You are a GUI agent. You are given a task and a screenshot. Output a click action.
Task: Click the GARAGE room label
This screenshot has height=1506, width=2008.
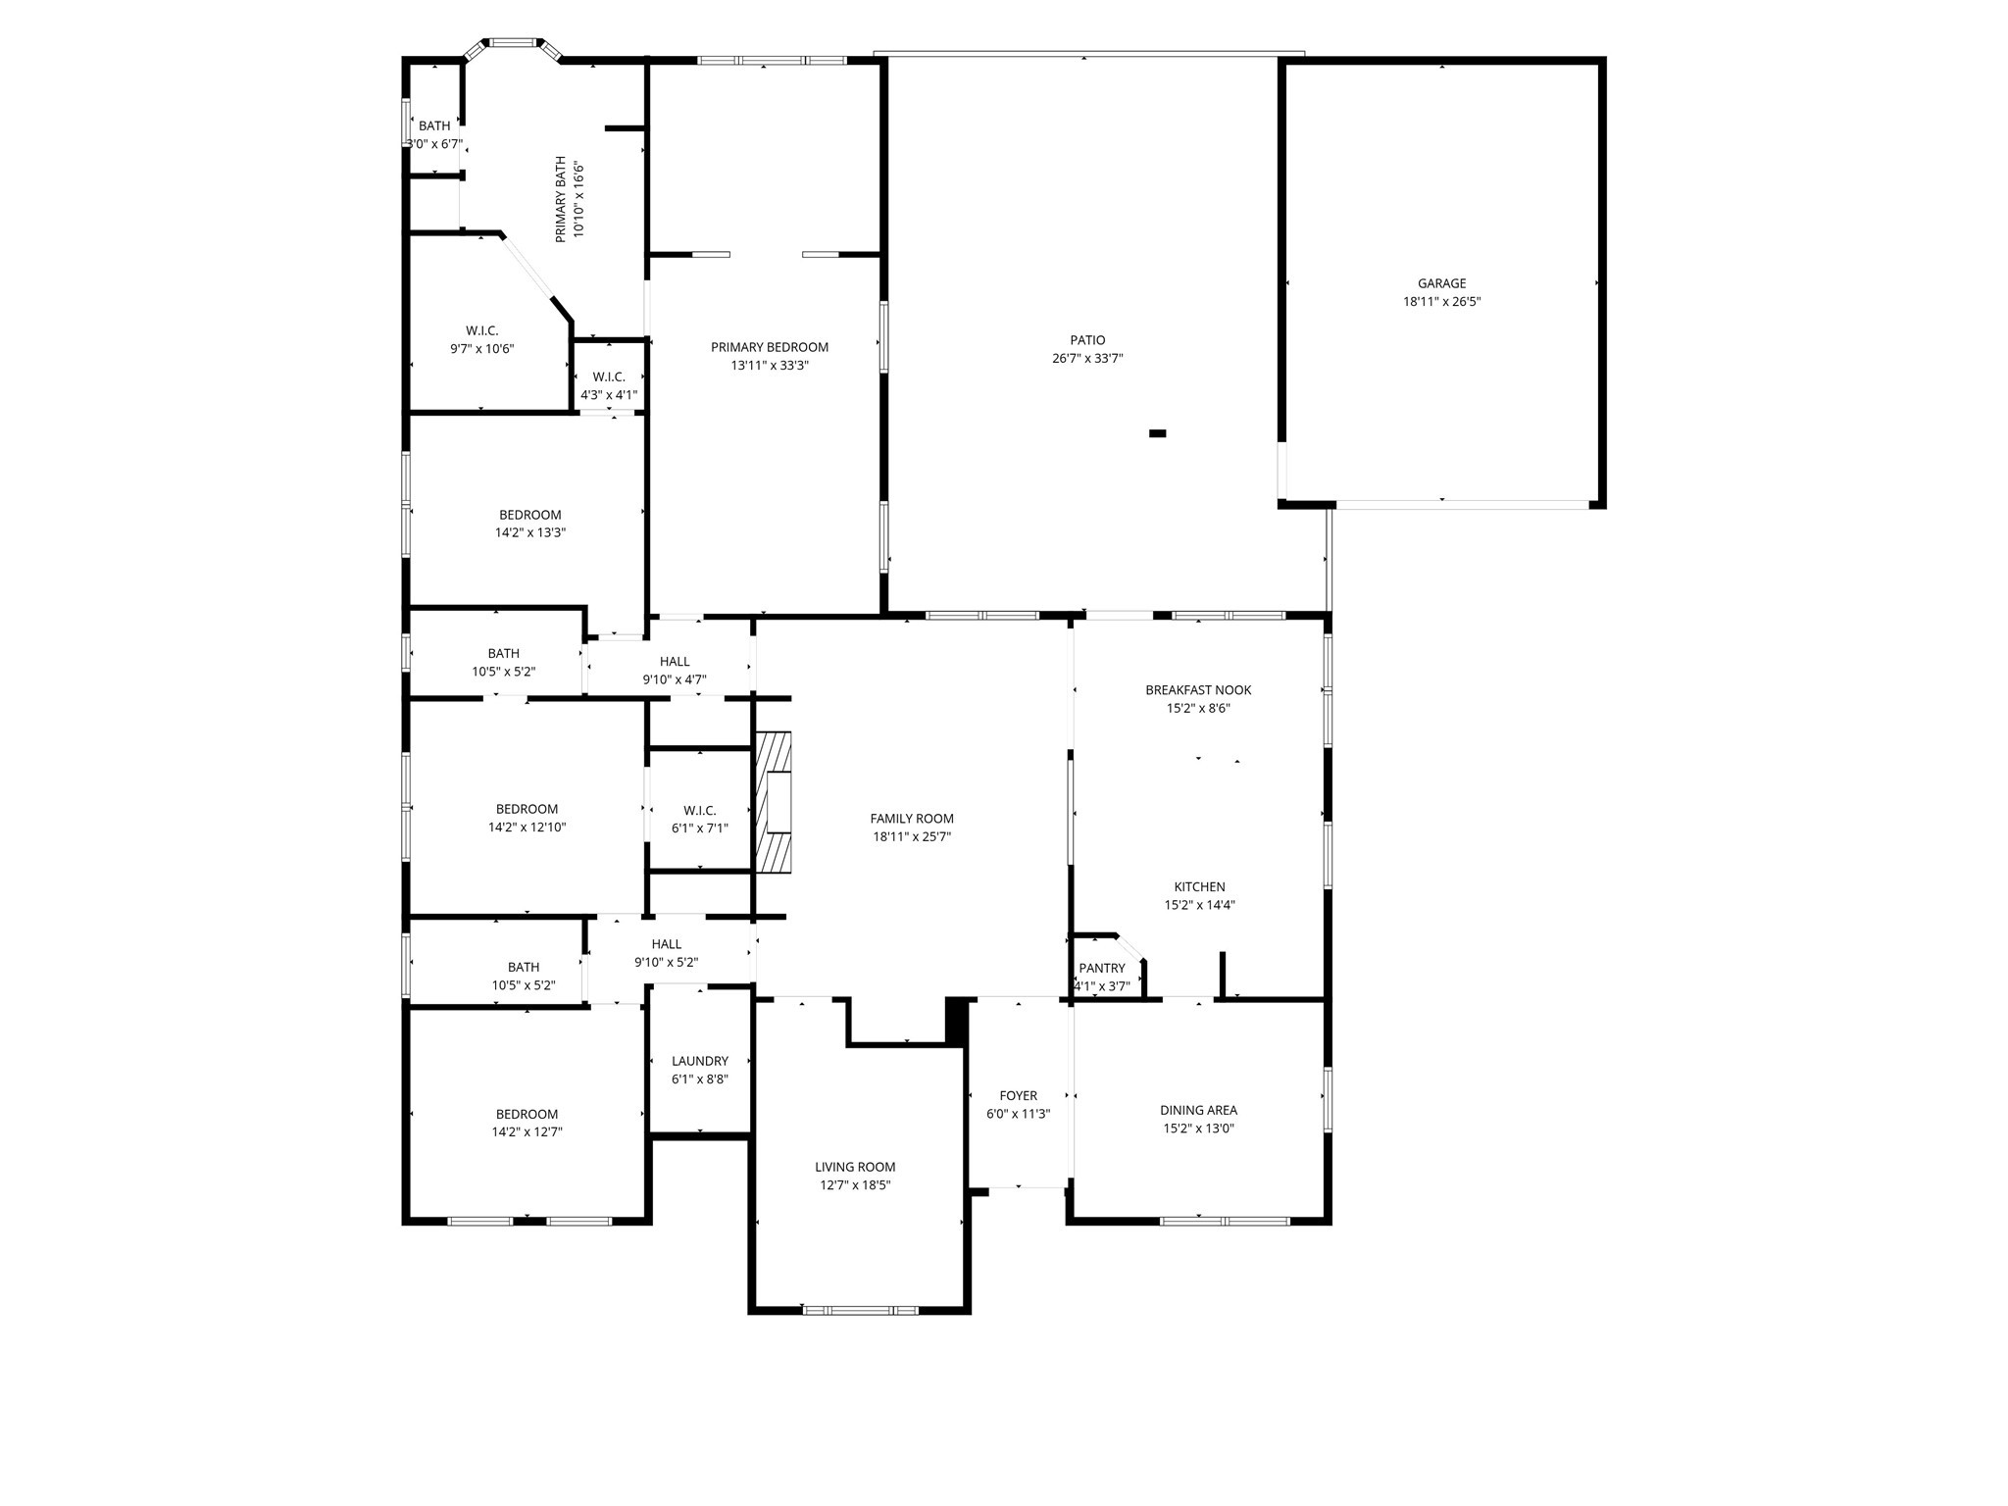(x=1441, y=283)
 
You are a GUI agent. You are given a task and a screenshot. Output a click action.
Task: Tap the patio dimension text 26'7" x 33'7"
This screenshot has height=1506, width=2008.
(x=1087, y=359)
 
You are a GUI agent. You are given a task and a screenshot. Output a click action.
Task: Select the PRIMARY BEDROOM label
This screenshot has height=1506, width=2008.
(x=770, y=347)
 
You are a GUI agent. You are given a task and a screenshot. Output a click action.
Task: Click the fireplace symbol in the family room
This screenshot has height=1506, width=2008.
(x=774, y=802)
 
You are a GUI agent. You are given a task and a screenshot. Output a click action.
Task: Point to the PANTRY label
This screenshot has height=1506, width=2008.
(x=1102, y=968)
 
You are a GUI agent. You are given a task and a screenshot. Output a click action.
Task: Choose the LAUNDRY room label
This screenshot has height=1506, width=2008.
(x=700, y=1061)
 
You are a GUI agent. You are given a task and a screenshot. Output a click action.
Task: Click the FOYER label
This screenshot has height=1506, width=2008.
(x=1019, y=1095)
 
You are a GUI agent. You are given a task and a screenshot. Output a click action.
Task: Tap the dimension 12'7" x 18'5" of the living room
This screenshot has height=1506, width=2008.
(x=856, y=1184)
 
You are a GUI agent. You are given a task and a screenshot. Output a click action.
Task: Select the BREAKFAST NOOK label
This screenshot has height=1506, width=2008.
(x=1198, y=690)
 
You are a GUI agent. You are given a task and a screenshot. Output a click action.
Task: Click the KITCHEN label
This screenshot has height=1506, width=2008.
(x=1200, y=887)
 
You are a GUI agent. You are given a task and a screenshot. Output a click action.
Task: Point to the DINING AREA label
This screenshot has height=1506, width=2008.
(x=1198, y=1110)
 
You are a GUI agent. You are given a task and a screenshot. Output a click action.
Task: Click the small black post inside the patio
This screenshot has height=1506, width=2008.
(x=1158, y=433)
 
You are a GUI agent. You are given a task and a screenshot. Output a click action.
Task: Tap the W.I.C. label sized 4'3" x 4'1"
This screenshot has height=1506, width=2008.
(x=609, y=377)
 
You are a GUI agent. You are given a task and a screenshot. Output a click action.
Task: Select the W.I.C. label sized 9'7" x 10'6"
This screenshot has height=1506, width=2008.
(x=482, y=331)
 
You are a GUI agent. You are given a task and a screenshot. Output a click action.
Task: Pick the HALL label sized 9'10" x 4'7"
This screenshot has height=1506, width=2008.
(x=675, y=662)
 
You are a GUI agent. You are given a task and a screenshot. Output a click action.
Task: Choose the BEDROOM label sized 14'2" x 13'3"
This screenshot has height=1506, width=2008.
(x=530, y=515)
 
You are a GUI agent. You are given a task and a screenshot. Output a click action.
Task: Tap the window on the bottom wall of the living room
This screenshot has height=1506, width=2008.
(x=860, y=1310)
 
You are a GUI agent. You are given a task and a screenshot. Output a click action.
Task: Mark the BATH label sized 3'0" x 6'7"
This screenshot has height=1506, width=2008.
(x=434, y=125)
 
